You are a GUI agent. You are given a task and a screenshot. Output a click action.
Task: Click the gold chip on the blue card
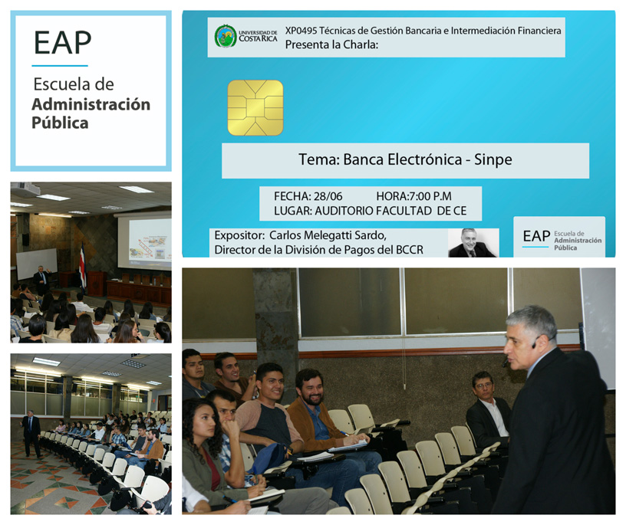[255, 108]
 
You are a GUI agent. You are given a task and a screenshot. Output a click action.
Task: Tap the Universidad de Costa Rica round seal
[226, 36]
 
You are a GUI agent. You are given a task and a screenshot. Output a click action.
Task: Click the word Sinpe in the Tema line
[493, 159]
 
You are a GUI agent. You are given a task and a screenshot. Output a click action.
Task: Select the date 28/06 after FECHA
[328, 196]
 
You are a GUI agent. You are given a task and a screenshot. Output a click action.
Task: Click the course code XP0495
[301, 31]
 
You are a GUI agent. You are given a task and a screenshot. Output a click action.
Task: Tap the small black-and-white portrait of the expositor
[473, 242]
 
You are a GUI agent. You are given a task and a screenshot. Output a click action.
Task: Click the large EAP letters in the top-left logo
[63, 43]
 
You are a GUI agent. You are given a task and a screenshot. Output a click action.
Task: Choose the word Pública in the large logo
[60, 123]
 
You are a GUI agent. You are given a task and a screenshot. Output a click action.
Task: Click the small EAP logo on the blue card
[560, 238]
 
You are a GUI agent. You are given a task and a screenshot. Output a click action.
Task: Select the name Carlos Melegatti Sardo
[328, 235]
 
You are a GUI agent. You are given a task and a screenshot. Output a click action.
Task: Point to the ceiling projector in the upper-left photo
[25, 189]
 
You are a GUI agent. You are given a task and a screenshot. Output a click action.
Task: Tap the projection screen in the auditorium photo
[144, 241]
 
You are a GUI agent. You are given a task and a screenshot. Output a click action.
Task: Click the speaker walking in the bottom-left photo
[31, 433]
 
